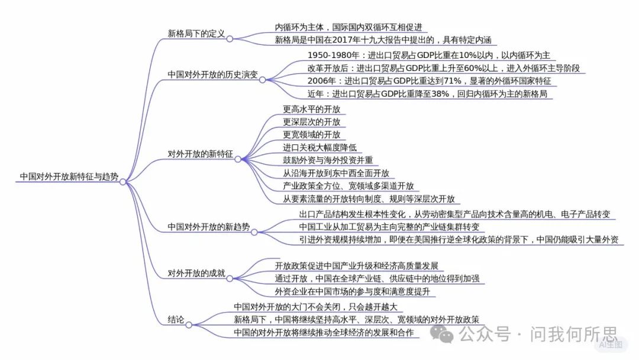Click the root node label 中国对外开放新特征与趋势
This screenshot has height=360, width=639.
[69, 176]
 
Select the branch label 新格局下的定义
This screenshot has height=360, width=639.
[196, 34]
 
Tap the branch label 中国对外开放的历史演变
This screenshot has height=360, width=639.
[213, 75]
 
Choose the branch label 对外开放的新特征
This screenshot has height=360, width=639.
[200, 154]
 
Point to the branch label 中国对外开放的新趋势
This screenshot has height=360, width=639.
[209, 227]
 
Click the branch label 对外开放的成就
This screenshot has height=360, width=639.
[196, 273]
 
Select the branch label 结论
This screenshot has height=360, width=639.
[176, 320]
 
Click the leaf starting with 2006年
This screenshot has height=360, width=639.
[429, 81]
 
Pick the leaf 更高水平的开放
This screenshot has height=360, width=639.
[311, 110]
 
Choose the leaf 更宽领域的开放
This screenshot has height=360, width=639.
[311, 134]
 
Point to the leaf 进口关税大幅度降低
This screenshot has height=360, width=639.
[319, 147]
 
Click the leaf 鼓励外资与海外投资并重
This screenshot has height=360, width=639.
[328, 160]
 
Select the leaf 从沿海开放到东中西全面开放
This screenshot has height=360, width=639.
[336, 173]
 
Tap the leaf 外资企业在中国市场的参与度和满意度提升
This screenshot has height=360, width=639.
[352, 291]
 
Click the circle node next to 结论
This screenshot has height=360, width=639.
[189, 325]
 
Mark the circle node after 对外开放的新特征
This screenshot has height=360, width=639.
[238, 159]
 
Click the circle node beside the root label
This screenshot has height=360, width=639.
[122, 182]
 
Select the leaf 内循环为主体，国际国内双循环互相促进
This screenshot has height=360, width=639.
[348, 27]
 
